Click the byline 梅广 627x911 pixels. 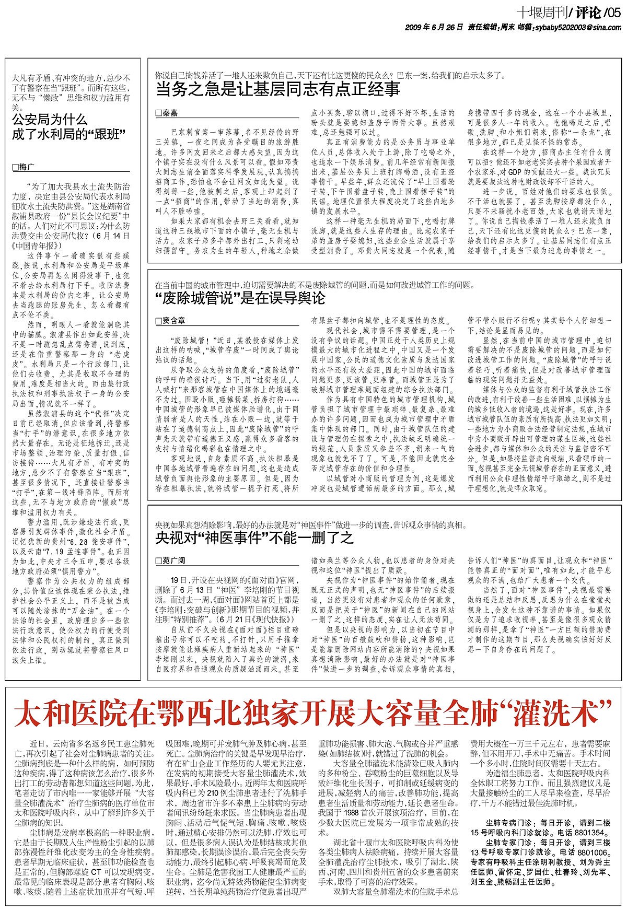(x=25, y=167)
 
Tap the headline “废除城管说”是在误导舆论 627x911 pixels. (x=240, y=298)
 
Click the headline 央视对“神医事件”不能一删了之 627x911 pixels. (x=254, y=538)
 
